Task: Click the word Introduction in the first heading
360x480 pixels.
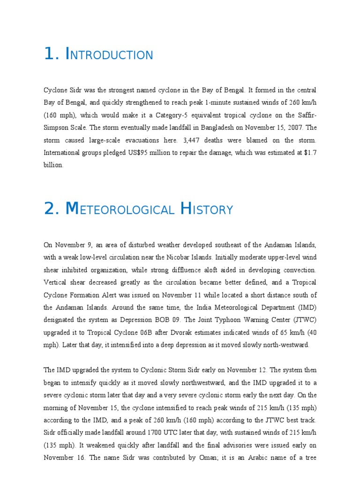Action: click(110, 55)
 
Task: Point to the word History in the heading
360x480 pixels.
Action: click(206, 209)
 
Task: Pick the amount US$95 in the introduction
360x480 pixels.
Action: click(156, 153)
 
